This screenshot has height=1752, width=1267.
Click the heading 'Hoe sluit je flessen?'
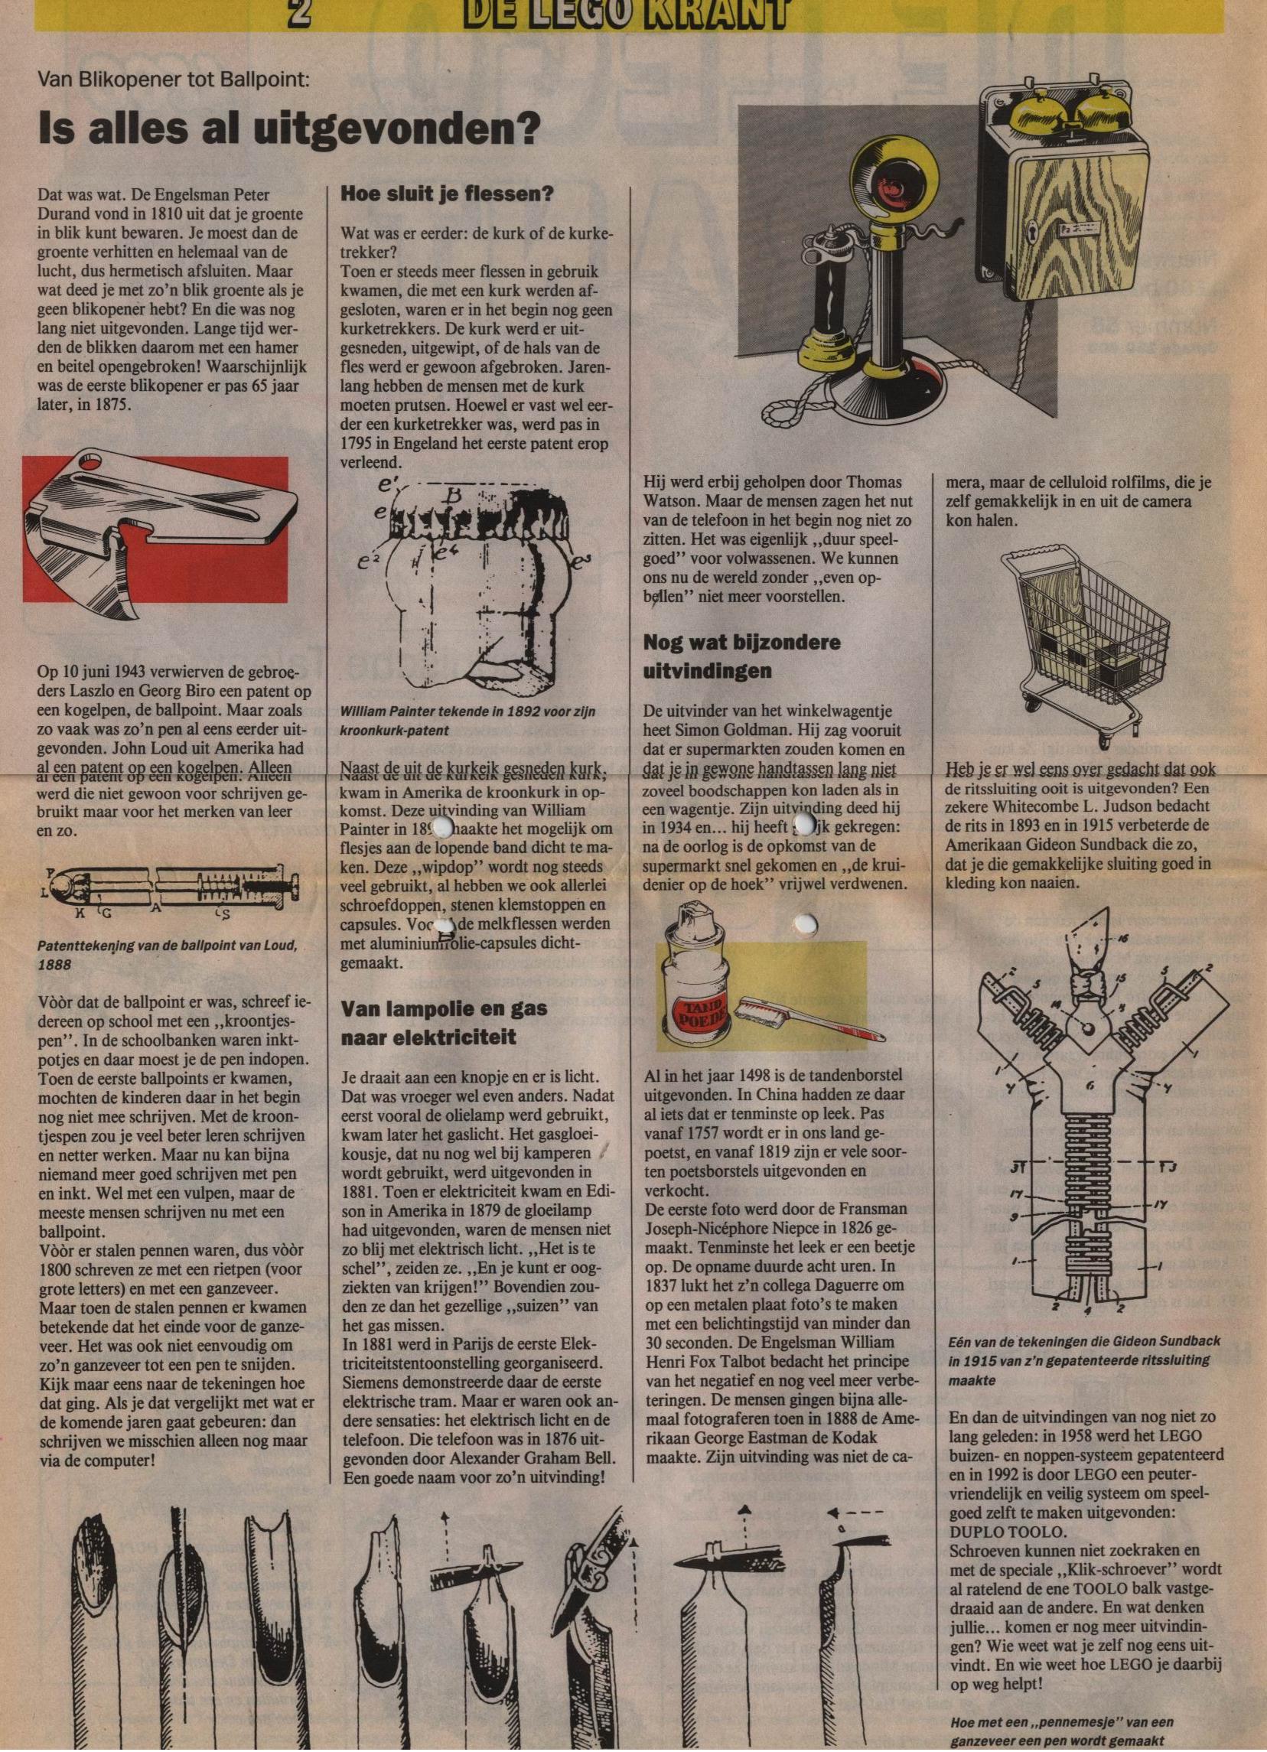448,194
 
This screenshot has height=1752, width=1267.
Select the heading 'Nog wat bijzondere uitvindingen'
741,656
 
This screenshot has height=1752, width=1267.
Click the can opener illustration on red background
155,530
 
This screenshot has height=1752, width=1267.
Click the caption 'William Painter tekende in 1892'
467,720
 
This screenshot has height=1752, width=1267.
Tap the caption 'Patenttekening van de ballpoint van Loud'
166,955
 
